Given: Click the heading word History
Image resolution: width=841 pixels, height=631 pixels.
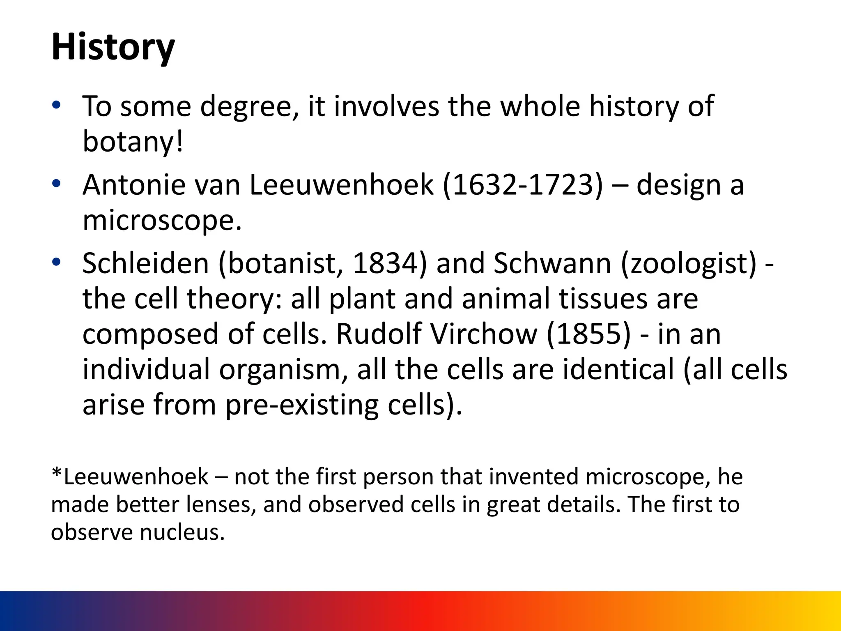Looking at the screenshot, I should pyautogui.click(x=113, y=47).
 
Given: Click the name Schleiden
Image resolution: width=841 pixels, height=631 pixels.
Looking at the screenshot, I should pyautogui.click(x=146, y=263).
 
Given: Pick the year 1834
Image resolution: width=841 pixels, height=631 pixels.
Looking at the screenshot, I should pyautogui.click(x=385, y=263).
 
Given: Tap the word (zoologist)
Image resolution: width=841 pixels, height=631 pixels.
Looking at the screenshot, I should pyautogui.click(x=689, y=264).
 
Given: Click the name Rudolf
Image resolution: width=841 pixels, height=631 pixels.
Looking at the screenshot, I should pyautogui.click(x=379, y=334).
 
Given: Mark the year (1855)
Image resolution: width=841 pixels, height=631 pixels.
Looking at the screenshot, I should pyautogui.click(x=588, y=334).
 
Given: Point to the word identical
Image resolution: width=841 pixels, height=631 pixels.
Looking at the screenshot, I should pyautogui.click(x=618, y=369).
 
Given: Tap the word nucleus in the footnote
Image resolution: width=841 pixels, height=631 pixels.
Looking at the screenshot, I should pyautogui.click(x=182, y=532).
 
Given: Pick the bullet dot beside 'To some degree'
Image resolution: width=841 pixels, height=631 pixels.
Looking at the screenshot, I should pyautogui.click(x=57, y=105).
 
